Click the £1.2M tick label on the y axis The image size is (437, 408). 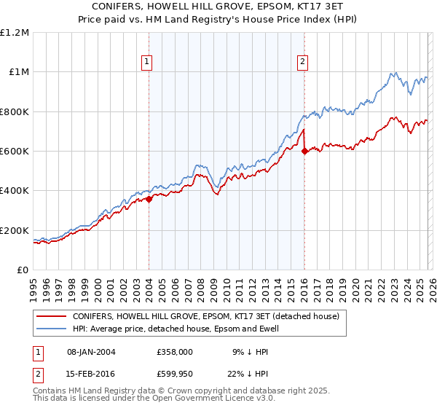(x=15, y=32)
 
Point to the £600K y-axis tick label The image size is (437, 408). (x=15, y=152)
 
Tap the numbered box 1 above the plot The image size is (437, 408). (x=147, y=62)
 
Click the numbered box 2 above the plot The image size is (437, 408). (x=302, y=62)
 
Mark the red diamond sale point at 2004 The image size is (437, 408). (x=149, y=199)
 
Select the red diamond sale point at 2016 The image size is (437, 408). (x=304, y=152)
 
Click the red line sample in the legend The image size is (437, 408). (x=51, y=317)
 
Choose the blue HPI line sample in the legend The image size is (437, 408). (x=51, y=329)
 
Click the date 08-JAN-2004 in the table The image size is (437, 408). (x=91, y=351)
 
